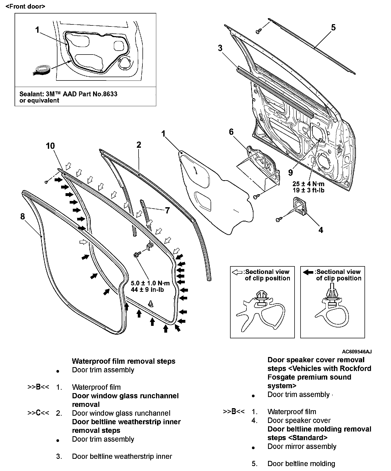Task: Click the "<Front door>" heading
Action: pos(25,6)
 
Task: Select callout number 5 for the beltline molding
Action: pos(333,28)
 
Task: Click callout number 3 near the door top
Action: pos(220,48)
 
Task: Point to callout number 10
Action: pos(50,146)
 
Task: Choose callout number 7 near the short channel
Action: pos(167,210)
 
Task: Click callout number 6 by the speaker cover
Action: pos(231,132)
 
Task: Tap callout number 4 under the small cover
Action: pos(321,230)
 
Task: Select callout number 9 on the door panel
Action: pos(290,172)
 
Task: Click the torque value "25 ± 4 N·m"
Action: pos(308,184)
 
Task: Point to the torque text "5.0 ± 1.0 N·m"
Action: pos(150,283)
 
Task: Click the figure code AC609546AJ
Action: pos(357,352)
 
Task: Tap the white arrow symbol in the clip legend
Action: pos(237,272)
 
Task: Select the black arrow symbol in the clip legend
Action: pos(308,272)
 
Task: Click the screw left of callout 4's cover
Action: pos(278,220)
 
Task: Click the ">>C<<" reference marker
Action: pos(38,413)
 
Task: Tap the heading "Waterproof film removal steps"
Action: pos(123,361)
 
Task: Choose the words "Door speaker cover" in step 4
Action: pos(299,420)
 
